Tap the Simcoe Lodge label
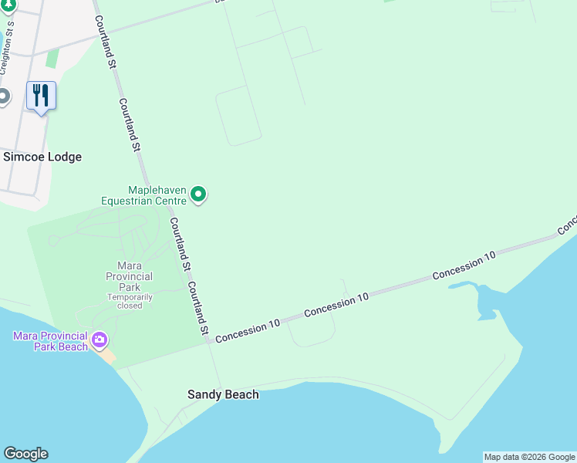(42, 157)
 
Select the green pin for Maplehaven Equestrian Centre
(198, 194)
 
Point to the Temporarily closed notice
(130, 301)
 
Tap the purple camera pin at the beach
(100, 340)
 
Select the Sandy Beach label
(223, 394)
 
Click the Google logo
(25, 454)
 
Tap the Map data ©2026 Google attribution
(529, 457)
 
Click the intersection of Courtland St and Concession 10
(210, 340)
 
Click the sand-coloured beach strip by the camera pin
(109, 356)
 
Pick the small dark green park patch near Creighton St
(52, 58)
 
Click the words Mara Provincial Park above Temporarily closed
(130, 276)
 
